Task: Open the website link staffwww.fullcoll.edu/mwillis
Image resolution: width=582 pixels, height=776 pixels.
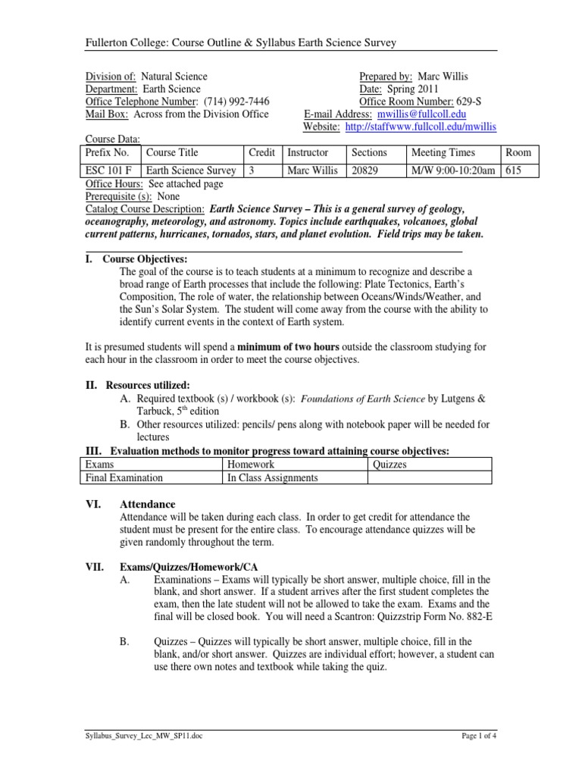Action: [421, 127]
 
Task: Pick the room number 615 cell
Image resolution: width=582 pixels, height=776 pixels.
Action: [514, 171]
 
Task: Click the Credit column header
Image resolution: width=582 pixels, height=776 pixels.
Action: [261, 152]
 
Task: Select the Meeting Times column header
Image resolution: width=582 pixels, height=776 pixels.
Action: [439, 152]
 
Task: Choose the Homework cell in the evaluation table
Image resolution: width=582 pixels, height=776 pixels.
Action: [251, 464]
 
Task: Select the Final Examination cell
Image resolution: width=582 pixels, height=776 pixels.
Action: [124, 477]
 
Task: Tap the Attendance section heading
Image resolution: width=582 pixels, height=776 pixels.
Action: [148, 504]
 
